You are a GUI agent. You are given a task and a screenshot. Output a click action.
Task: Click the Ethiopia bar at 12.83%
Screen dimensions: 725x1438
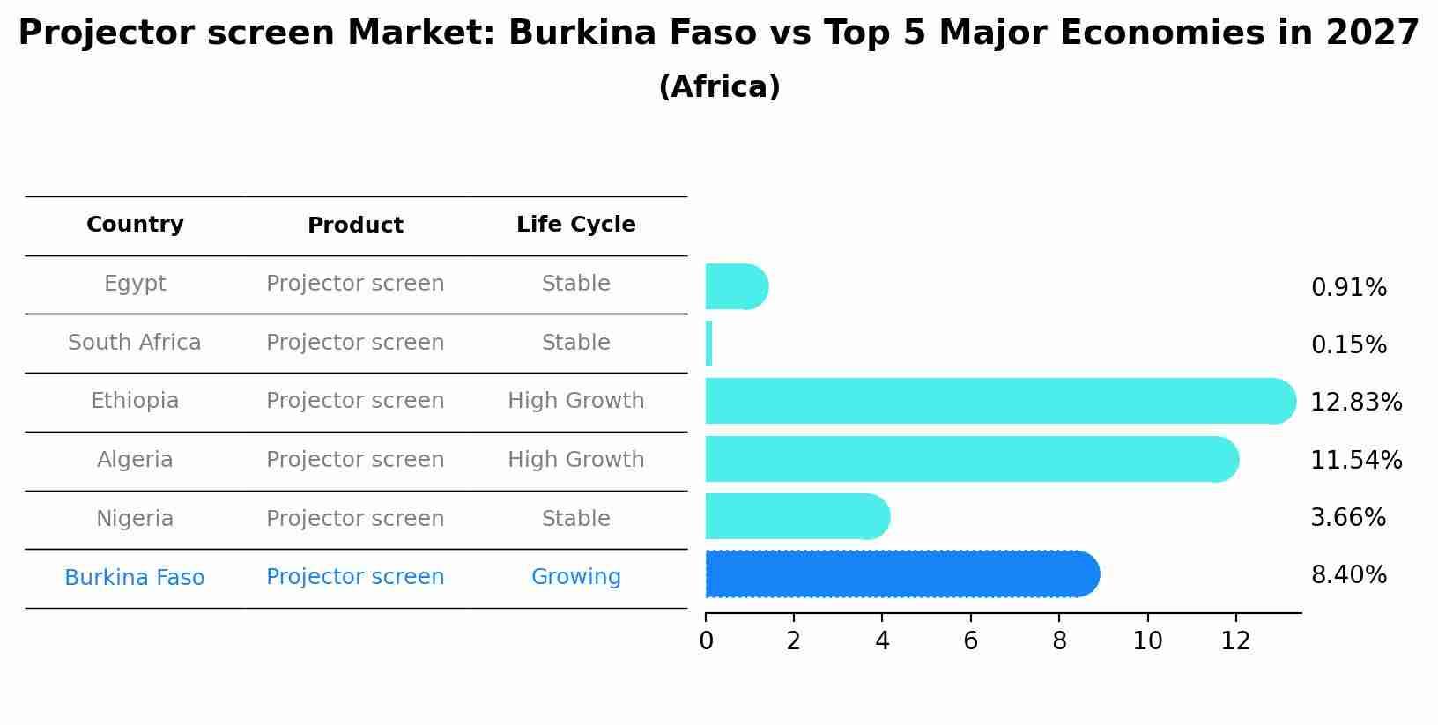pyautogui.click(x=1000, y=401)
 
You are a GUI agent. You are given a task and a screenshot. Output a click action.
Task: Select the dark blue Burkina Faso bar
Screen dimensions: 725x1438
pyautogui.click(x=901, y=574)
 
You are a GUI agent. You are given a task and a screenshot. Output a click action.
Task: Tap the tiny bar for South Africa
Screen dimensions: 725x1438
pyautogui.click(x=709, y=344)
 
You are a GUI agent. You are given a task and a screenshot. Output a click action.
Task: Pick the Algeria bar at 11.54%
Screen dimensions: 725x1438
pyautogui.click(x=971, y=459)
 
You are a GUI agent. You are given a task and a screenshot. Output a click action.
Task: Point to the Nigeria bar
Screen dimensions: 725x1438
pyautogui.click(x=797, y=516)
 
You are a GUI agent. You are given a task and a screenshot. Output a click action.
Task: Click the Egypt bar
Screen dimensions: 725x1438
pyautogui.click(x=736, y=286)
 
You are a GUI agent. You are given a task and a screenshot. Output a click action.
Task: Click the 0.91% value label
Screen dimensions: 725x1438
pyautogui.click(x=1348, y=288)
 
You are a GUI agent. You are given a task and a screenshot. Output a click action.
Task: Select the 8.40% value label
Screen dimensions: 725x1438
pyautogui.click(x=1348, y=575)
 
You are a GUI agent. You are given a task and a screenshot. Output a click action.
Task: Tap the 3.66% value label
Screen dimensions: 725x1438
pyautogui.click(x=1348, y=518)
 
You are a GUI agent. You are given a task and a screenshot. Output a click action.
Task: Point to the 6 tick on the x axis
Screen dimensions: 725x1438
pyautogui.click(x=970, y=641)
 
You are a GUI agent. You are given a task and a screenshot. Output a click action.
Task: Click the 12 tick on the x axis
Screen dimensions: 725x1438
pyautogui.click(x=1235, y=641)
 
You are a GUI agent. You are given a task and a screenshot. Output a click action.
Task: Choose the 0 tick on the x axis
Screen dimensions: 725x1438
pyautogui.click(x=706, y=641)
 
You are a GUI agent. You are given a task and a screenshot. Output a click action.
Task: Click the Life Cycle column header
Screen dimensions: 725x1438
pyautogui.click(x=575, y=225)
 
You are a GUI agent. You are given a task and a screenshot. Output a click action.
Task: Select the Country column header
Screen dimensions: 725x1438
pyautogui.click(x=135, y=225)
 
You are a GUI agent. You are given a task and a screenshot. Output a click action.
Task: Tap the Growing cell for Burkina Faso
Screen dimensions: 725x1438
pyautogui.click(x=575, y=577)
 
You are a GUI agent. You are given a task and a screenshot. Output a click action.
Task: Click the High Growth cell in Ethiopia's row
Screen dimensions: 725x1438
pyautogui.click(x=575, y=401)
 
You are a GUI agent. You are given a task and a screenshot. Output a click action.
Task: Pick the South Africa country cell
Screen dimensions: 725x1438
pyautogui.click(x=135, y=343)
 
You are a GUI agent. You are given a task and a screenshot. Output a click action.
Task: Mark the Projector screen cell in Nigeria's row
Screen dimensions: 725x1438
pyautogui.click(x=355, y=519)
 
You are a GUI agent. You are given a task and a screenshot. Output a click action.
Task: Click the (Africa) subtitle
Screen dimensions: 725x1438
pyautogui.click(x=719, y=87)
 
